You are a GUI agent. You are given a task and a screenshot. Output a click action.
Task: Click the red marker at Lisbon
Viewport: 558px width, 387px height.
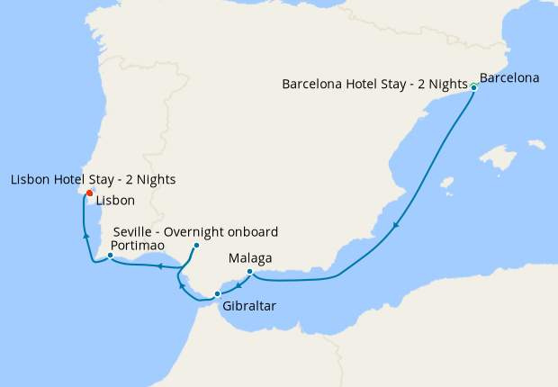(89, 193)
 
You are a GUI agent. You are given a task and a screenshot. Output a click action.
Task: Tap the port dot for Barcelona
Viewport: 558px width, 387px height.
(473, 87)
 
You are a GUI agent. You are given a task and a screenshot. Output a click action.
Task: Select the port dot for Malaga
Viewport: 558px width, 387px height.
(249, 272)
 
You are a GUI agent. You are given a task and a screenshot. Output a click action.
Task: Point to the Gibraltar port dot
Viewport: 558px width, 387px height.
(217, 294)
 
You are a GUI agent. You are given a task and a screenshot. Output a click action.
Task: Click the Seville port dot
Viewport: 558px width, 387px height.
(196, 245)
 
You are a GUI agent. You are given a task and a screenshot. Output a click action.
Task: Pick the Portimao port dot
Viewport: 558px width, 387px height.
(110, 256)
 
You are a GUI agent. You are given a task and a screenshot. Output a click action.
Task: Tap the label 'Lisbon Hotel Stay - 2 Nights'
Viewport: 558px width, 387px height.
(93, 180)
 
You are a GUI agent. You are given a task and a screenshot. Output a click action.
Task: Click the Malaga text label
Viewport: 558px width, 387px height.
(250, 258)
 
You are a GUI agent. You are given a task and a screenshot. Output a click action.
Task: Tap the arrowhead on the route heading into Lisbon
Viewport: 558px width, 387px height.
(86, 235)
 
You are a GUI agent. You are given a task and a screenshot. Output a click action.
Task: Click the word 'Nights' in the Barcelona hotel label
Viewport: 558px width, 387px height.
(446, 85)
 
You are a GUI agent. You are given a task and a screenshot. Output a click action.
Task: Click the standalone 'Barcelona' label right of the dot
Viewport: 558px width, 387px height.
(509, 77)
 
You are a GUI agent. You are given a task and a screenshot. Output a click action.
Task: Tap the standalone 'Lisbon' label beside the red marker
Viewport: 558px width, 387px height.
(114, 200)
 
